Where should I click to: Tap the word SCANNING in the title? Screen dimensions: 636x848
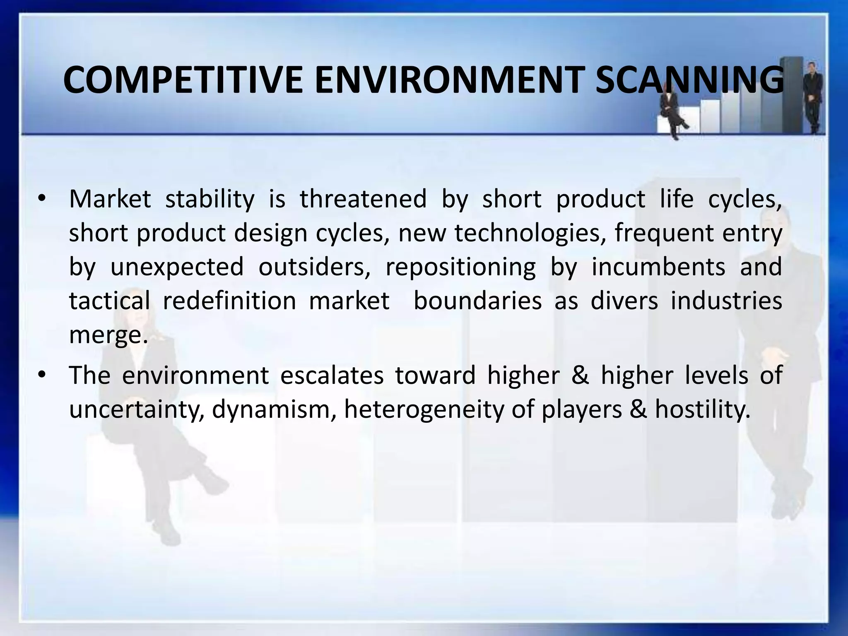[689, 80]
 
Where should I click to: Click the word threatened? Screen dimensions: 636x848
[363, 199]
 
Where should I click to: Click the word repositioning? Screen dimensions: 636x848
[460, 267]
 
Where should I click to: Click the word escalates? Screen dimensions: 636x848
[332, 376]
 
